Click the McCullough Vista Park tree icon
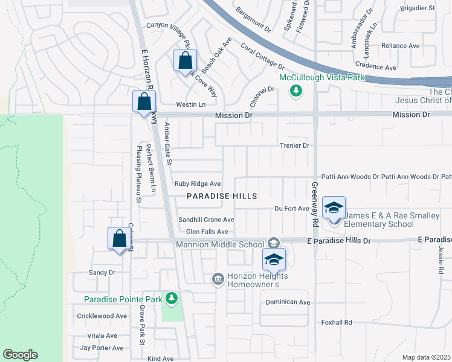coord(296,91)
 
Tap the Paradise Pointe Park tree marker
coord(172,297)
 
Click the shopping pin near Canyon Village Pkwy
coord(185,62)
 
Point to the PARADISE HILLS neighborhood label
coord(222,196)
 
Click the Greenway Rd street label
coord(314,205)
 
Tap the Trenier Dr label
coord(294,145)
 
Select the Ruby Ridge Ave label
coord(198,183)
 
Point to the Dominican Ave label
coord(288,302)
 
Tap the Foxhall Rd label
coord(337,322)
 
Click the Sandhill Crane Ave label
coord(205,220)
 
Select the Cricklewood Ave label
coord(102,316)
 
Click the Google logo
coord(21,355)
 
